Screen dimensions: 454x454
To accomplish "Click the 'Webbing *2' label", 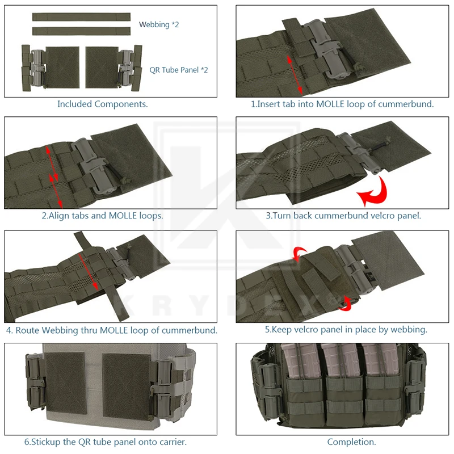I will (159, 25).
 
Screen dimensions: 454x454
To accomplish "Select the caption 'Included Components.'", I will (103, 104).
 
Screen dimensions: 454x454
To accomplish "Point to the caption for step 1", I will (342, 104).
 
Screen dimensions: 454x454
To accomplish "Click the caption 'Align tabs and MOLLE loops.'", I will (102, 216).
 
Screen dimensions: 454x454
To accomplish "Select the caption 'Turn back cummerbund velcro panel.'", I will (343, 216).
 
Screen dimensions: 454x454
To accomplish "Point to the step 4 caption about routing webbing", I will (111, 330).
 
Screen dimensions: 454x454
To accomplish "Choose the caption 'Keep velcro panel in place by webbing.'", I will (346, 329).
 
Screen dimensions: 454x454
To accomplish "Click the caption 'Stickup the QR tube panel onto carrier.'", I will (105, 442).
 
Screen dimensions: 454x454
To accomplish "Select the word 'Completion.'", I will (351, 442).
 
